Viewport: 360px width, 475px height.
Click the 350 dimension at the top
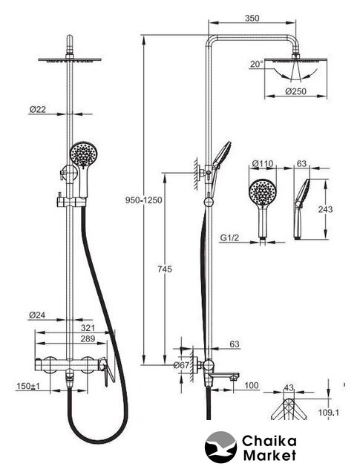[x=252, y=18]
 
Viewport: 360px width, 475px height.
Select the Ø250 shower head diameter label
[x=295, y=91]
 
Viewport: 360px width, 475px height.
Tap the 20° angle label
[x=257, y=65]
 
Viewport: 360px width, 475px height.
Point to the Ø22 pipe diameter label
[x=38, y=109]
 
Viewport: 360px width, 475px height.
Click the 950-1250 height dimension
[x=144, y=200]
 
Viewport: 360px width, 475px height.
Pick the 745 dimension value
[x=165, y=269]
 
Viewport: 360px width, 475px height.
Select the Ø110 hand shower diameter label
[x=263, y=164]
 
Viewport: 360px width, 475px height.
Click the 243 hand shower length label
[x=325, y=209]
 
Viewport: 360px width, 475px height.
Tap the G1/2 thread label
[x=229, y=237]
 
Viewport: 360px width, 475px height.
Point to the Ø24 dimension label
[x=37, y=315]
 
